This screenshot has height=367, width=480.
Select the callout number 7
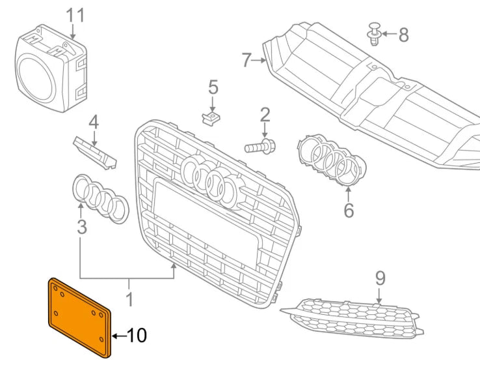pos(246,60)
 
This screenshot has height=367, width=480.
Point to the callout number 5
pos(213,87)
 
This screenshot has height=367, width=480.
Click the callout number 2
pos(265,115)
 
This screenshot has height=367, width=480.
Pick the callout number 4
pos(94,121)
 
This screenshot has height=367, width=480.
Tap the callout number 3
pos(81,227)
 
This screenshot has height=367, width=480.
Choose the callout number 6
pos(349,211)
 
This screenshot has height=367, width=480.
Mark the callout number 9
pos(380,278)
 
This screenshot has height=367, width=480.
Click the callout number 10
pos(137,336)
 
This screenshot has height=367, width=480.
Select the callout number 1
pos(129,301)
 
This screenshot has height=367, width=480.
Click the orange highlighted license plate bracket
pos(79,317)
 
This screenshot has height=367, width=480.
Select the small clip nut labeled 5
pos(211,118)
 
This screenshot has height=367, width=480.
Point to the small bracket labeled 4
pos(95,151)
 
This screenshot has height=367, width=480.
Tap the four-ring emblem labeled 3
pos(100,197)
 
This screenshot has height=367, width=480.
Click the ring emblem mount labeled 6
pos(328,158)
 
